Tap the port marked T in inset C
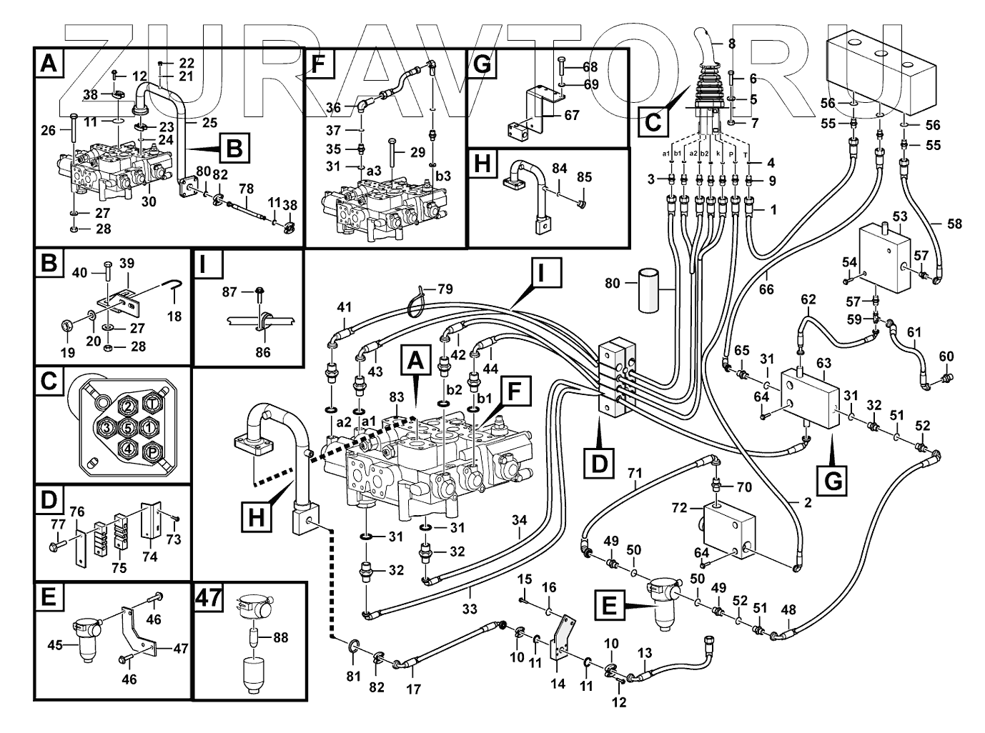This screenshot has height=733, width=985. pos(152,403)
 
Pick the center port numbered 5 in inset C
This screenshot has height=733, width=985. pos(129,427)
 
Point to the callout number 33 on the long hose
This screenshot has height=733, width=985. pos(469,609)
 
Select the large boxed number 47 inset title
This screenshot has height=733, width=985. pos(208,597)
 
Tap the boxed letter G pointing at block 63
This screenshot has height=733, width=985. pos(832,480)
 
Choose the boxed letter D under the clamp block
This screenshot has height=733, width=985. pos(599,464)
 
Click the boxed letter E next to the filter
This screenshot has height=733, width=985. pos(609,605)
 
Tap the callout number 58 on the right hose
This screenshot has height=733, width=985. pos(955,224)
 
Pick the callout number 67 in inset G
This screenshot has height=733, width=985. pos(572,116)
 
